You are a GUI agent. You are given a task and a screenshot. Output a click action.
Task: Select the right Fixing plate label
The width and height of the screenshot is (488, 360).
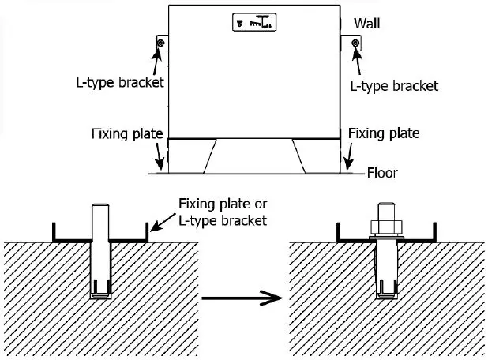[x=384, y=133]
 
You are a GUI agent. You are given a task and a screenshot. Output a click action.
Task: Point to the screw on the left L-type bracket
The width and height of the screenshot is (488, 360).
[x=161, y=43]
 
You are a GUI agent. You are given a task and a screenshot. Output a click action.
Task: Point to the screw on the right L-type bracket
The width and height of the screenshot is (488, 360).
[x=355, y=43]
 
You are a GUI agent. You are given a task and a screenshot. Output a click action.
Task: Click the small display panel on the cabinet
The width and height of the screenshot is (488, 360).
[x=254, y=23]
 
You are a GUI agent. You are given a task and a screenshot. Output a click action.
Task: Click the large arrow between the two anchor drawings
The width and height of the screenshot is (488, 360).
[x=241, y=298]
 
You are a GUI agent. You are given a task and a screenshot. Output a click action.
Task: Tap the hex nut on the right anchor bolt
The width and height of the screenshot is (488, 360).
[x=386, y=224]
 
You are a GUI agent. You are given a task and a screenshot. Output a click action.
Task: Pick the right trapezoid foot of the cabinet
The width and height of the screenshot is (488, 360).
[x=309, y=156]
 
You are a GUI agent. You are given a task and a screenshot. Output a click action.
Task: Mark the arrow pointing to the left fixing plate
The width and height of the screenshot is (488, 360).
[x=163, y=156]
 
